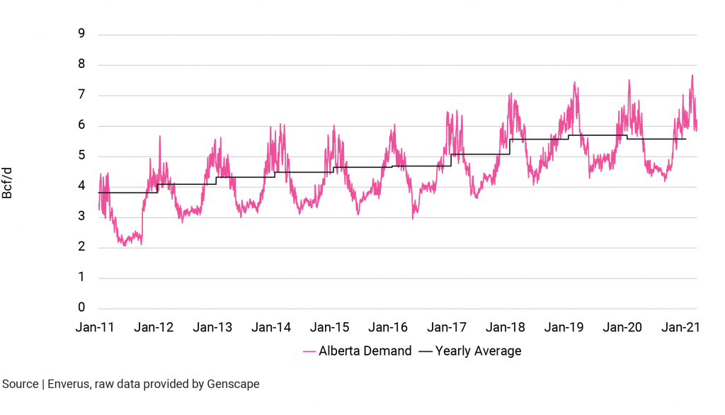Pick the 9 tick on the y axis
tap(82, 35)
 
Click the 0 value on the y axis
tap(82, 308)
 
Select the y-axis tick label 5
tap(82, 157)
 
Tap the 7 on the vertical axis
tap(82, 96)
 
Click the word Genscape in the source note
tap(233, 385)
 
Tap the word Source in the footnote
tap(21, 385)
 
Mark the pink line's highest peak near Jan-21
tap(692, 76)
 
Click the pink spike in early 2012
tap(160, 137)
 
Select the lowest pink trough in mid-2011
tap(125, 245)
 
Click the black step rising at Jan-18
tap(510, 147)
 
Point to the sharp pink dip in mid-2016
tap(413, 217)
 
